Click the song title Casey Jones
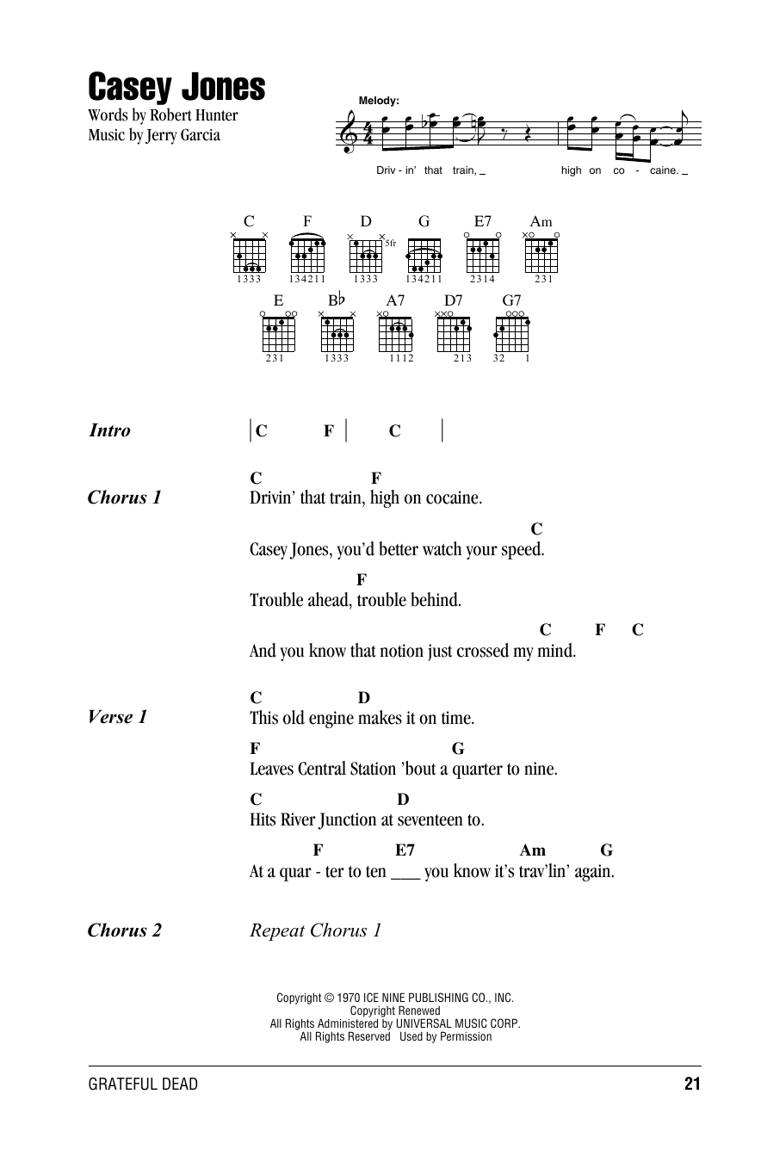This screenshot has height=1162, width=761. [x=176, y=88]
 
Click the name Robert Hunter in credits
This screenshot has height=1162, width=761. [x=194, y=115]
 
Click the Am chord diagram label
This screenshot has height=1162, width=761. [x=541, y=222]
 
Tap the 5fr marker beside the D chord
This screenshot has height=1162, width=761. [x=391, y=244]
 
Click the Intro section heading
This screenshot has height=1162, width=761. [x=110, y=430]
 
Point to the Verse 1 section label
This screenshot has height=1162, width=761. [x=117, y=717]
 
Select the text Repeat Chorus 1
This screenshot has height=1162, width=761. [x=315, y=930]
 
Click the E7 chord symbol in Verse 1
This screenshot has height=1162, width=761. [x=405, y=850]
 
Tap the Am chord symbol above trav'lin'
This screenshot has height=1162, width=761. [x=533, y=850]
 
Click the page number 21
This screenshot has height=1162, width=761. [x=693, y=1085]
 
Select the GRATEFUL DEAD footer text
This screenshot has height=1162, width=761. [x=143, y=1085]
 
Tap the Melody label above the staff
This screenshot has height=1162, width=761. [x=379, y=101]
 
